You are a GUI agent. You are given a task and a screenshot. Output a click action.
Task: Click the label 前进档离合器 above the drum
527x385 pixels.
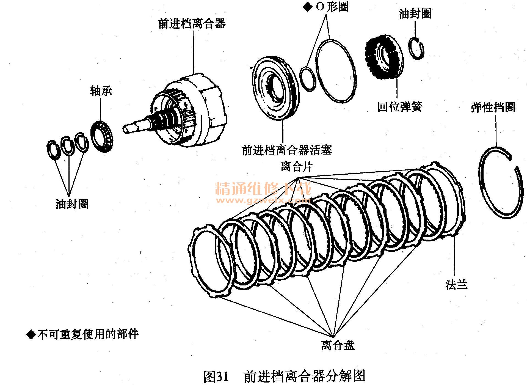192,23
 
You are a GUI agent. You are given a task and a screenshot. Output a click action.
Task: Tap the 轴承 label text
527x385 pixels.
101,91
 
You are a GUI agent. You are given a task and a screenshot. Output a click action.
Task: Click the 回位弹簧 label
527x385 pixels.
400,107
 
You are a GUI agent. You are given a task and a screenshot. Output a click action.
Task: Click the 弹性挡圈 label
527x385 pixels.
493,107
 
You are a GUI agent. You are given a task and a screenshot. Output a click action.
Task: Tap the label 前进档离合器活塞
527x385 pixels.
287,150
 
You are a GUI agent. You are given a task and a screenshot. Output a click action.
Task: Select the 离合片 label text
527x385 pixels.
297,166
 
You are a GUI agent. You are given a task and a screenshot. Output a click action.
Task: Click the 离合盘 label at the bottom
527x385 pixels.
338,345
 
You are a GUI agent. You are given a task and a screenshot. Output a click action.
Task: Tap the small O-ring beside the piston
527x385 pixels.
308,79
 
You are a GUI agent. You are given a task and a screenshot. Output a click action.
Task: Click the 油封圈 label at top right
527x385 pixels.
415,14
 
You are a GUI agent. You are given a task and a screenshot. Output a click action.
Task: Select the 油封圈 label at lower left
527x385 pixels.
72,204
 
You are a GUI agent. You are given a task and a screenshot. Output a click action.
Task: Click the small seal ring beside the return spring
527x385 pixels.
416,48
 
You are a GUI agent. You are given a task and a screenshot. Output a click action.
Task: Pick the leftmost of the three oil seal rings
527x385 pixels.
53,150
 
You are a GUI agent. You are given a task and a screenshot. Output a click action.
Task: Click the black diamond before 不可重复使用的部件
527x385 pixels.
31,334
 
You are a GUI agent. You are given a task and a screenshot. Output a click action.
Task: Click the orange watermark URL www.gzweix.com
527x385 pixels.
263,200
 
